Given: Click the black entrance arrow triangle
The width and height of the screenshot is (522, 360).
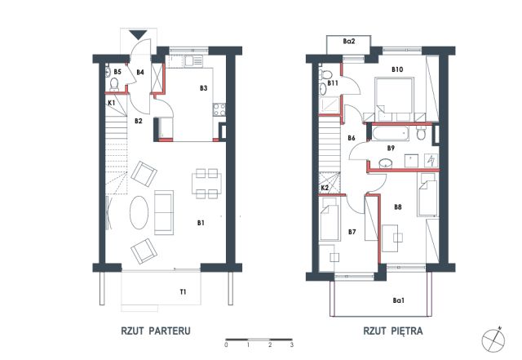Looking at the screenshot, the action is [138, 34].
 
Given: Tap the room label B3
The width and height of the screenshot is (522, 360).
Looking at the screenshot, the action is [203, 88].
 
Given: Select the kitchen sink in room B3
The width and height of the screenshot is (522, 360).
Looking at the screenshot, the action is [193, 61].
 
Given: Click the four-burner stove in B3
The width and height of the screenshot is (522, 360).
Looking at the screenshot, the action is [219, 109].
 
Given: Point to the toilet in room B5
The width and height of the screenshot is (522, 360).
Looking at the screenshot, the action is [114, 85].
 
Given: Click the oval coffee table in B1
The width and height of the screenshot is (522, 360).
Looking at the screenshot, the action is [139, 212].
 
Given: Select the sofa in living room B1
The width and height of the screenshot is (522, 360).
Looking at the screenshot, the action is [164, 212].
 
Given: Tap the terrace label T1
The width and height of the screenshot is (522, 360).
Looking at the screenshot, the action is [183, 292].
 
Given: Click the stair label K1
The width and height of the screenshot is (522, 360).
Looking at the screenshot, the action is [112, 103].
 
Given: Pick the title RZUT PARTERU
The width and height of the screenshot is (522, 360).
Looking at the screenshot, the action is [156, 331].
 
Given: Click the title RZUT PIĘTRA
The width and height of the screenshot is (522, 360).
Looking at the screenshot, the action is [393, 331].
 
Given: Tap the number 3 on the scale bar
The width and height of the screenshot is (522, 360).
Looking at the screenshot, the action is [292, 344].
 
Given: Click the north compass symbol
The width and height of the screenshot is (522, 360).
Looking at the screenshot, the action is [493, 340].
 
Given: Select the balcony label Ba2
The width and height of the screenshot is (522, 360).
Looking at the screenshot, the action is [349, 42].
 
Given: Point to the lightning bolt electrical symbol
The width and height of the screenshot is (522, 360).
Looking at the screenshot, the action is [431, 160].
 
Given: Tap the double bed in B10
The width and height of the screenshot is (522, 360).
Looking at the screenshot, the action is [394, 99].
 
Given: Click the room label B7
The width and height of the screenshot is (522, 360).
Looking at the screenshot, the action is [352, 232].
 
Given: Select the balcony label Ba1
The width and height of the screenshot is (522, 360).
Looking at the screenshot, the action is [398, 300].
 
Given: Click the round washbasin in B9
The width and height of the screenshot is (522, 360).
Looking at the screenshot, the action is [386, 163].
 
